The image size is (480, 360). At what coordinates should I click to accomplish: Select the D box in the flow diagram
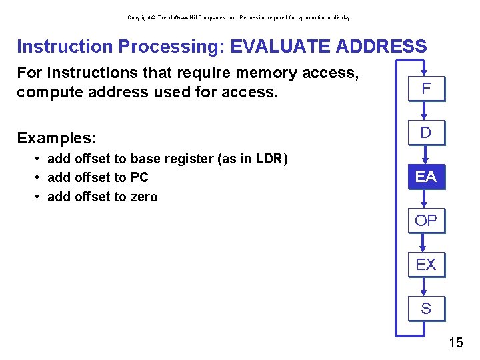426,133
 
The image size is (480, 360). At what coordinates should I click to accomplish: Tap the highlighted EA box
426,177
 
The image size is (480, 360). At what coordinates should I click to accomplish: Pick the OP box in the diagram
426,221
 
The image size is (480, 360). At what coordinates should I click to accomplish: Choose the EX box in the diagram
426,265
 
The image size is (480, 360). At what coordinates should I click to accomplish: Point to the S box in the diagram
426,309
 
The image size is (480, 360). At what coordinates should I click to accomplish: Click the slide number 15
456,343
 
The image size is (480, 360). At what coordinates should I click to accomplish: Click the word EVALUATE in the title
274,47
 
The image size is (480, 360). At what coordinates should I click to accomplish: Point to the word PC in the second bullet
140,178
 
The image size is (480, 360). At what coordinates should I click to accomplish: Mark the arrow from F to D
426,111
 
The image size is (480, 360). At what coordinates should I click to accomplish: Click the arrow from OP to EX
426,243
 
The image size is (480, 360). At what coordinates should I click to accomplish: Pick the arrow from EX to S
426,287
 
